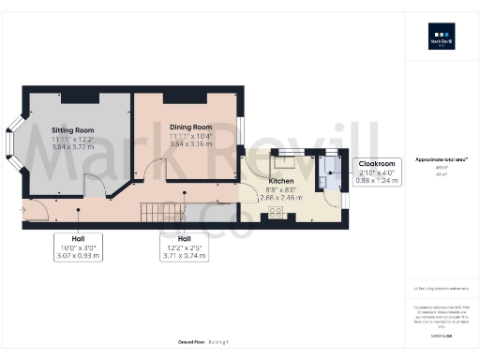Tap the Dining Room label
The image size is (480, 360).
190,127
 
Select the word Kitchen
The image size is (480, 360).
281,180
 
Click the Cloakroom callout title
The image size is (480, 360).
377,163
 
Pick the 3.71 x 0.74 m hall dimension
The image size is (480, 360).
185,256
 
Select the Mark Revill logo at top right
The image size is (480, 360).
441,40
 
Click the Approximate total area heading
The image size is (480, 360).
441,159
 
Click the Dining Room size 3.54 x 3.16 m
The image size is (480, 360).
190,145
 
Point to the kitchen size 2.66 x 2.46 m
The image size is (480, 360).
281,199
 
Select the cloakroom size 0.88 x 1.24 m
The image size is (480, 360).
377,181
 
